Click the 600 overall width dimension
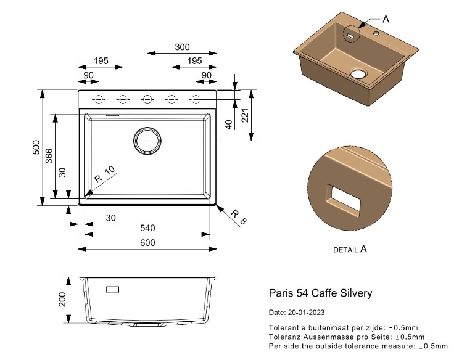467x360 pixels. click(x=147, y=243)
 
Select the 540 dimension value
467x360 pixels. click(x=147, y=228)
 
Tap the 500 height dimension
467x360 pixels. click(x=36, y=147)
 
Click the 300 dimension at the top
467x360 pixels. click(x=182, y=47)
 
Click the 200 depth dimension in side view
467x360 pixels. click(x=62, y=300)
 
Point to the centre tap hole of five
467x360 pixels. click(x=147, y=99)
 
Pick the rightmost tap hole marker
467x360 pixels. click(x=196, y=99)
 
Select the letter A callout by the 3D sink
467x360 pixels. click(x=386, y=19)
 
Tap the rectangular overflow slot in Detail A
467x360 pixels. click(x=344, y=197)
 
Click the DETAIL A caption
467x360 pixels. click(x=350, y=250)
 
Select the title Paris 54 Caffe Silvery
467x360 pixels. click(x=320, y=293)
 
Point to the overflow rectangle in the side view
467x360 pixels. click(x=113, y=288)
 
